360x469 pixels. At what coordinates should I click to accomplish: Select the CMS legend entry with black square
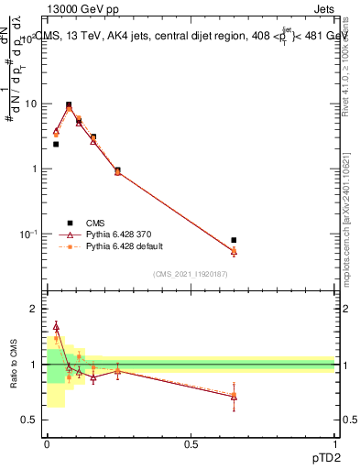pos(89,222)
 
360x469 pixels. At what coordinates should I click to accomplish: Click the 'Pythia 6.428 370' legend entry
pos(110,234)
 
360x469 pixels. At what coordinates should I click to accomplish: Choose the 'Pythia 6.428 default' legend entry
pos(115,246)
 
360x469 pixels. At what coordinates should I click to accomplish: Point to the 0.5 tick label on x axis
pos(191,444)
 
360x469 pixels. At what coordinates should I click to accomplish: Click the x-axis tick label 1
pos(335,444)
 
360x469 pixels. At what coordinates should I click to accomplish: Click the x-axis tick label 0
pos(47,444)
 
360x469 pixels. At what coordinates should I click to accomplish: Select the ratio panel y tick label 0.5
pos(30,420)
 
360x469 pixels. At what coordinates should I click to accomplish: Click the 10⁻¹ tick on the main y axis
pos(29,234)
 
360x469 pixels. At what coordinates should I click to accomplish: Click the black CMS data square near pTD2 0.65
pos(234,240)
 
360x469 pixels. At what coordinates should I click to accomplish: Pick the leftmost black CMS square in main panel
pos(56,144)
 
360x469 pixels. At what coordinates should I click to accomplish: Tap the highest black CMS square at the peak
pos(69,104)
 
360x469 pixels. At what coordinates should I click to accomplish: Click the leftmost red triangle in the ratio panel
pos(56,326)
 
